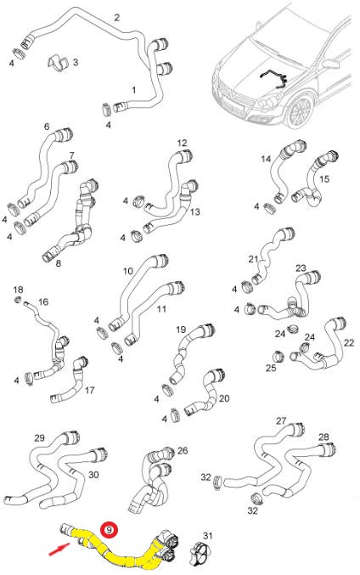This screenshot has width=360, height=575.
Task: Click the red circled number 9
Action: point(110,529)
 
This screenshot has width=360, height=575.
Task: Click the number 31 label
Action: point(207,536)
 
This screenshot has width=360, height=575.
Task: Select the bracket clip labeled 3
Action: point(59,63)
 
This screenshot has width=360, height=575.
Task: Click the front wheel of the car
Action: point(300,111)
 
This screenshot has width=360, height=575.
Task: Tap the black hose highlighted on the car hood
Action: point(274,78)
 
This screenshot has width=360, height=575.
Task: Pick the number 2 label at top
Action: point(116,17)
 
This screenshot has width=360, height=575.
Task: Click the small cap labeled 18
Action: point(18,301)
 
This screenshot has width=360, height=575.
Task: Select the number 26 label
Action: point(183,450)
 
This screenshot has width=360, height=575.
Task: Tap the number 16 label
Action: point(43,302)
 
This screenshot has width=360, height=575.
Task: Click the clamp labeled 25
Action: point(278,355)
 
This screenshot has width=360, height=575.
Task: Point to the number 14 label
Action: point(266,159)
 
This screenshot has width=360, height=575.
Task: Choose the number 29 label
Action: point(39,438)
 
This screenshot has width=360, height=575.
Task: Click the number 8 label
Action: point(59,263)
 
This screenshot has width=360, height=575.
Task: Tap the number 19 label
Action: point(181,330)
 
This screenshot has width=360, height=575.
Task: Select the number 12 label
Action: point(182,143)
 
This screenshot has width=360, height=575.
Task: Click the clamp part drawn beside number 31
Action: point(200,553)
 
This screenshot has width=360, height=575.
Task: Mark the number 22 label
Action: point(349,342)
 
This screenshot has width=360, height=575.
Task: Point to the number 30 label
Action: point(93,475)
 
